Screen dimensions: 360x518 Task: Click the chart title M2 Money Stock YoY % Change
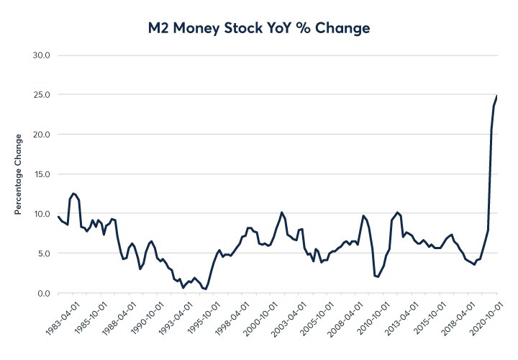(x=259, y=28)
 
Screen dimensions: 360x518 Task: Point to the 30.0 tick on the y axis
(x=37, y=55)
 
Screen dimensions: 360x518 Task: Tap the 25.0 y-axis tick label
(x=37, y=95)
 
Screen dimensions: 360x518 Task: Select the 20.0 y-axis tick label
(x=37, y=135)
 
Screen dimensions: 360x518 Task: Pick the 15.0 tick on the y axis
(x=37, y=174)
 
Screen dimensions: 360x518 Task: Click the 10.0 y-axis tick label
(x=37, y=214)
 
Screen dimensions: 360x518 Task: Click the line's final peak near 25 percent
(x=497, y=96)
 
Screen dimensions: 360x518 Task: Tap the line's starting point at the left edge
(x=58, y=217)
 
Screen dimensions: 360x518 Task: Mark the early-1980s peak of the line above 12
(x=73, y=194)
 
